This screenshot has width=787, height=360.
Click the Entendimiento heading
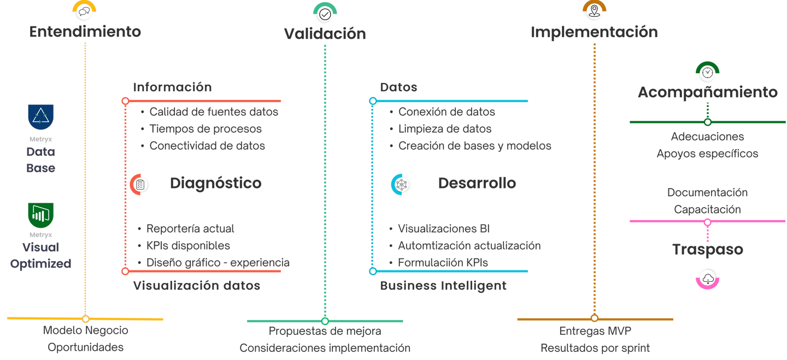(x=85, y=32)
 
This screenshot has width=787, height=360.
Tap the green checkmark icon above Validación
(x=325, y=13)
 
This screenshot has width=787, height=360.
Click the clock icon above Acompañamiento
(x=707, y=73)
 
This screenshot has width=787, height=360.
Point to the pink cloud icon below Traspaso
(x=708, y=279)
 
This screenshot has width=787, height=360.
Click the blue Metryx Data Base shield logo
(x=40, y=118)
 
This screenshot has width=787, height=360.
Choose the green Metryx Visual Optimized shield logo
(x=40, y=216)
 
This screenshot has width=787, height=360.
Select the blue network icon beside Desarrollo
(x=401, y=184)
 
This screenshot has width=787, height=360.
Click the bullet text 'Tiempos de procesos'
(x=205, y=129)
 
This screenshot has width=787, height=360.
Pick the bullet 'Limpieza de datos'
(x=445, y=129)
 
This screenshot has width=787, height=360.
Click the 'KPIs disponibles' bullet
(x=188, y=246)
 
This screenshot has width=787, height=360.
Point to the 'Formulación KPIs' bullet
(x=443, y=263)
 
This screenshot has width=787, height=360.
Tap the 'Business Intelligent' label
(x=443, y=286)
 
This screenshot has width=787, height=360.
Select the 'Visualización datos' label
(x=197, y=286)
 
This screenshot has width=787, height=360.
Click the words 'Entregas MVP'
(x=595, y=331)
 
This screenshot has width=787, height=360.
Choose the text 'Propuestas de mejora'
(x=325, y=331)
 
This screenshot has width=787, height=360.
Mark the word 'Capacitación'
(x=707, y=210)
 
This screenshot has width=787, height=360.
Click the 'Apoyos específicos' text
(x=707, y=154)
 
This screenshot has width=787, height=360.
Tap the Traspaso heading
(x=707, y=250)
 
